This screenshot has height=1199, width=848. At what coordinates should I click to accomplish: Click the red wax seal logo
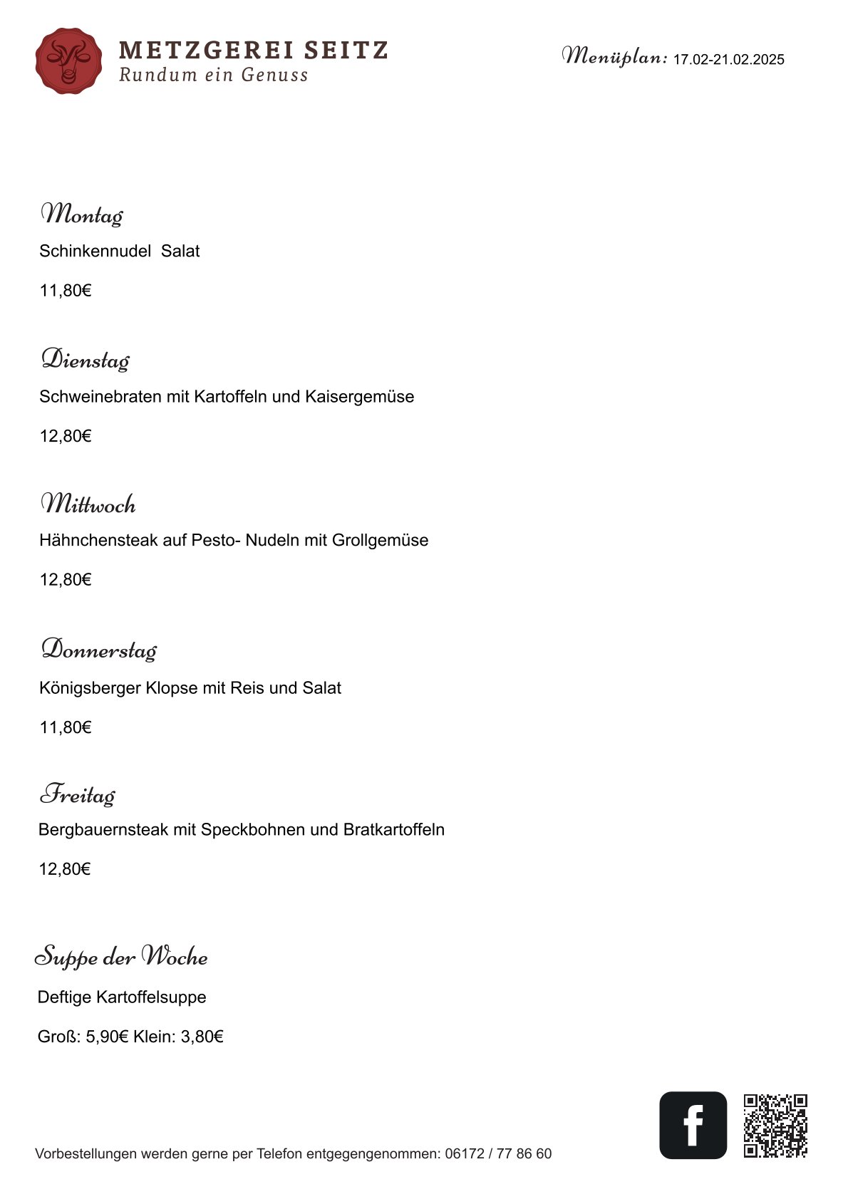(68, 61)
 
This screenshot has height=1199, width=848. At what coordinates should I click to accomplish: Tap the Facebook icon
(693, 1125)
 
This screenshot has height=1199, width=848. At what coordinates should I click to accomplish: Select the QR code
(775, 1126)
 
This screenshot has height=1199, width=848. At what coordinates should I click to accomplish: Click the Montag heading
(81, 214)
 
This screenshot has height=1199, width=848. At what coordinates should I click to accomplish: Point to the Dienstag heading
(85, 360)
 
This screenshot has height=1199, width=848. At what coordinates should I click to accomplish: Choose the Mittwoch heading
(88, 504)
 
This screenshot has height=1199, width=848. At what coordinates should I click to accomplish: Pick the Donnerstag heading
(98, 650)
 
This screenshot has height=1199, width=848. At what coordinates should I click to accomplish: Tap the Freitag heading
(77, 794)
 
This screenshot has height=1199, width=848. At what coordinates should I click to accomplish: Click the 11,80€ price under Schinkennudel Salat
(66, 291)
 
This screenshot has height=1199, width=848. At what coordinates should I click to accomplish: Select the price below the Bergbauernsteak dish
(65, 869)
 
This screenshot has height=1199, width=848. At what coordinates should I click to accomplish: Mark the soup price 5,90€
(107, 1037)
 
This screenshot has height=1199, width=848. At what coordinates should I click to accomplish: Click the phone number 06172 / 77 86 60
(498, 1153)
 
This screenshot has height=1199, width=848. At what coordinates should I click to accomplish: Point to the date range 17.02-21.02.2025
(728, 60)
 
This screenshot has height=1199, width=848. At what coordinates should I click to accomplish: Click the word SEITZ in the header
(346, 51)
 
